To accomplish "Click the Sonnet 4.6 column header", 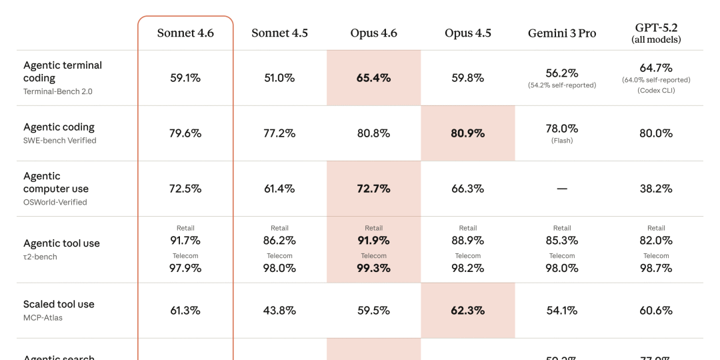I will (x=185, y=33).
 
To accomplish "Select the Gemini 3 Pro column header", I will (x=562, y=33).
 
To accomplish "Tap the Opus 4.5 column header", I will (x=468, y=33).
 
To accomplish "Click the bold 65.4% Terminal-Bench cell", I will (x=373, y=78).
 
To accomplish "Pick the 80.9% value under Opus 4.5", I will (x=468, y=133).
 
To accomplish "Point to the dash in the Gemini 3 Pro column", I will (x=562, y=189).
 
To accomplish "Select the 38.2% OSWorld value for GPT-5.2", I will (x=656, y=189).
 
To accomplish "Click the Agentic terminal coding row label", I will (x=63, y=71).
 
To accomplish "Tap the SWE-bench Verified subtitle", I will (x=60, y=141).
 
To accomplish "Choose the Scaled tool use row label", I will (x=59, y=304).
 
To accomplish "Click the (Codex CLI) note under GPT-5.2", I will (x=656, y=90).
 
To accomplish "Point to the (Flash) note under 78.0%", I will (x=562, y=141).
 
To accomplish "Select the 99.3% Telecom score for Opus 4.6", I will (x=373, y=268).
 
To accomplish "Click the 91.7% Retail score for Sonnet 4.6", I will (x=185, y=240).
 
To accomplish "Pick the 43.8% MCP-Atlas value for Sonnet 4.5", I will (x=279, y=311).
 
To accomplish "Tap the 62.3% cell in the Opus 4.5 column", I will (x=468, y=311).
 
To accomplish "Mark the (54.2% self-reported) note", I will (x=562, y=85).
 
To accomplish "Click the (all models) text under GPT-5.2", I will (x=656, y=40).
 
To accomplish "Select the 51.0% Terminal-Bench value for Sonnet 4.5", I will (x=279, y=78).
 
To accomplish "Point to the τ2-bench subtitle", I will (x=40, y=257).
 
